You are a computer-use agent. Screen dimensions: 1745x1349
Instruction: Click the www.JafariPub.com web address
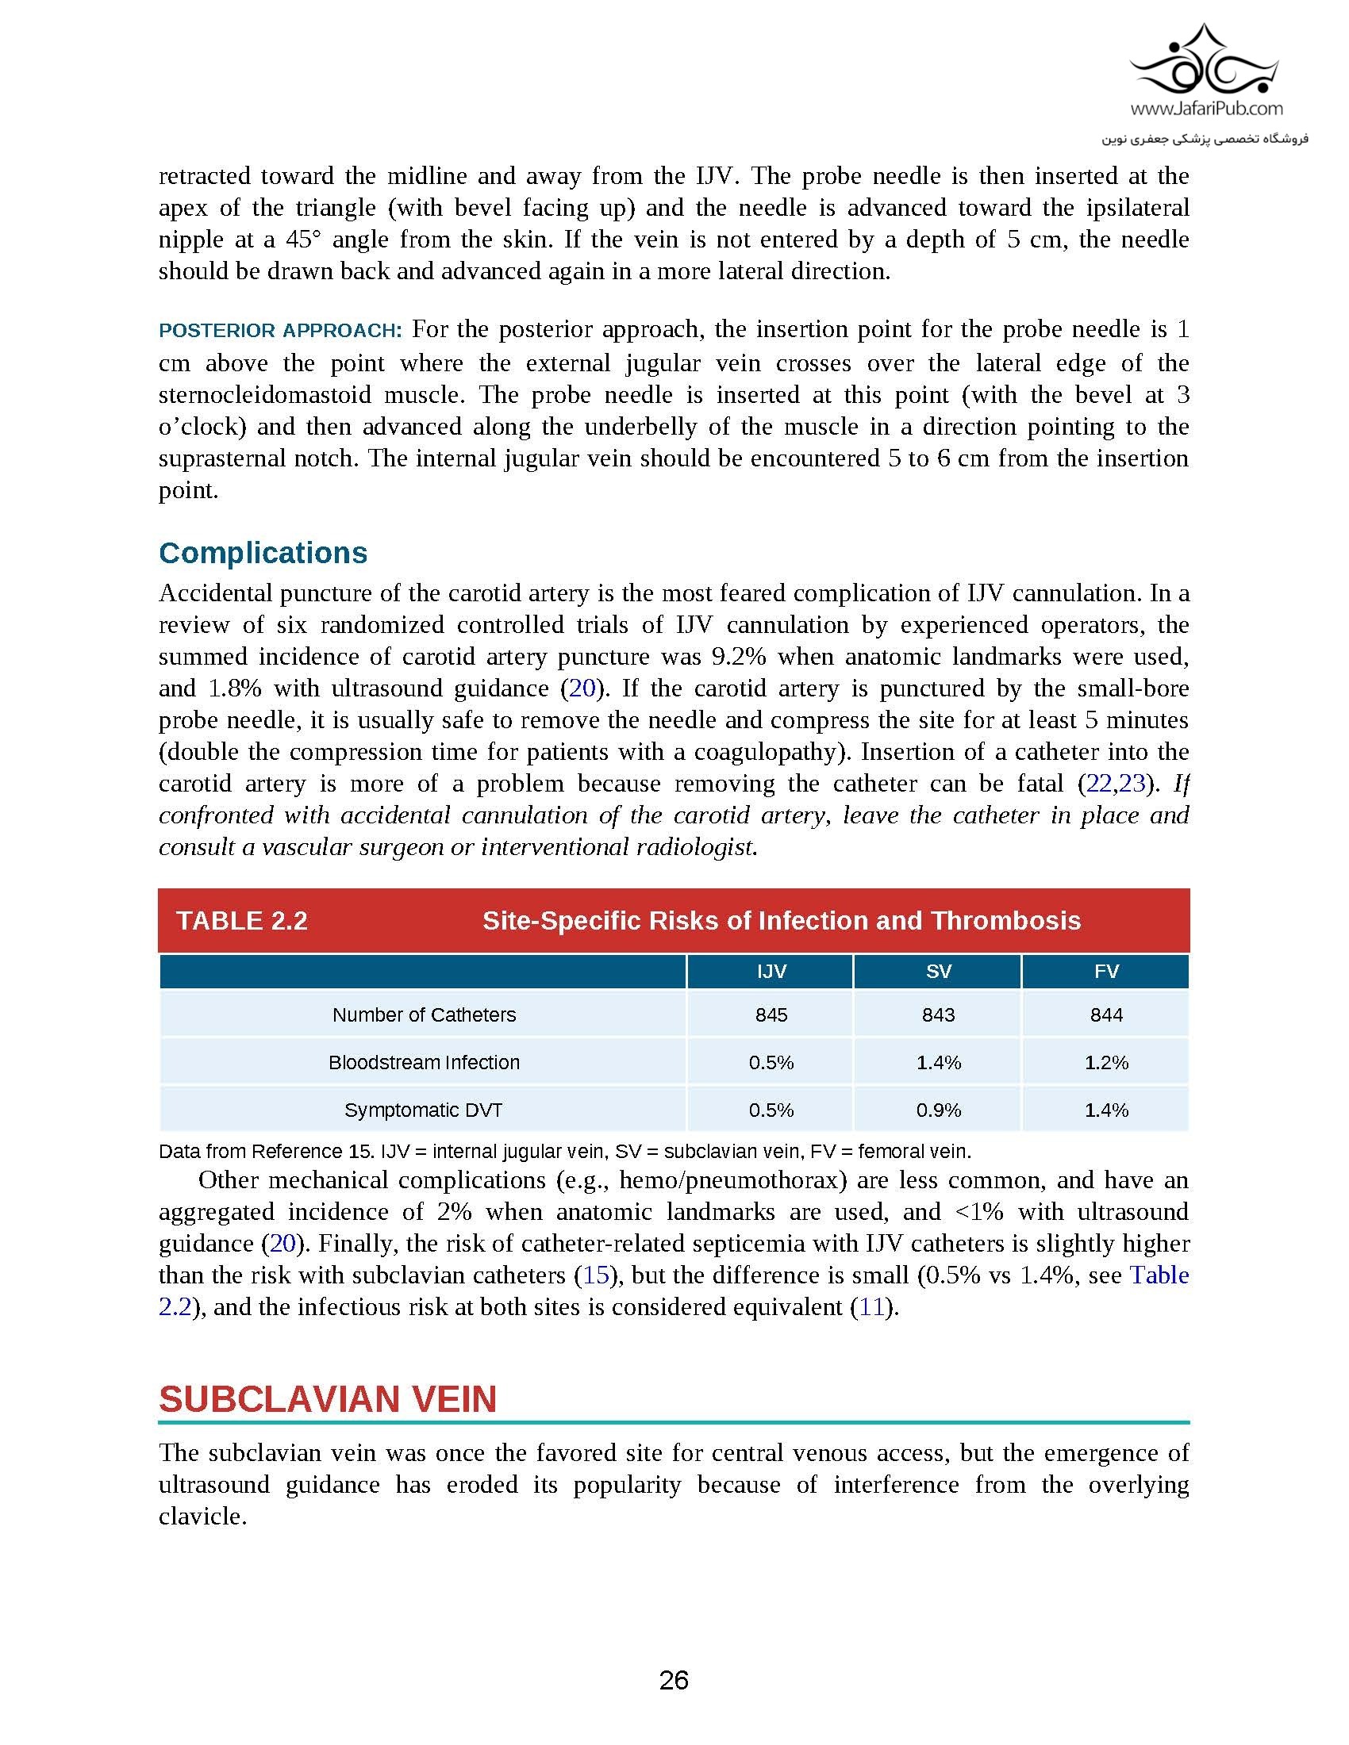[1207, 108]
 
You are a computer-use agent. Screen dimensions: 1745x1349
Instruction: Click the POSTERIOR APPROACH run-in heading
[279, 331]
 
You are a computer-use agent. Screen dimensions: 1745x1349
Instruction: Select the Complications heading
[263, 553]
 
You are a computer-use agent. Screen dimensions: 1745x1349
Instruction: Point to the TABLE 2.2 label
[241, 920]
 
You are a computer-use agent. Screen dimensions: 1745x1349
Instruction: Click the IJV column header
[771, 971]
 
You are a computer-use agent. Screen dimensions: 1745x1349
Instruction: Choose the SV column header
[938, 971]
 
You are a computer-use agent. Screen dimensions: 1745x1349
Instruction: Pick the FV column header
[1106, 971]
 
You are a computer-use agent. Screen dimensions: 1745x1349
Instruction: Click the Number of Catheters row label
[424, 1014]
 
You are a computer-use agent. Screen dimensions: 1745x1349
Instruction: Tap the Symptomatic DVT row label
[424, 1110]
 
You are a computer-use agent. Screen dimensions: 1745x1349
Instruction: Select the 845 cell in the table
[771, 1014]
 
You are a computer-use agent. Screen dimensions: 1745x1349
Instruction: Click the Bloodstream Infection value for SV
[938, 1063]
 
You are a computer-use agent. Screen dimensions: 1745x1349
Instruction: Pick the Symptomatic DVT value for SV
[938, 1110]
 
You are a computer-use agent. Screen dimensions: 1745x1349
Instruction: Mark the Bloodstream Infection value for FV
[1106, 1063]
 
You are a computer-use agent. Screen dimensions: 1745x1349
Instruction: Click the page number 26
[674, 1681]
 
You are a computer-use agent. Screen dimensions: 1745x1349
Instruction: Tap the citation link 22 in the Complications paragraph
[1098, 784]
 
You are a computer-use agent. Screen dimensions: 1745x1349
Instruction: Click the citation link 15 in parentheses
[596, 1275]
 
